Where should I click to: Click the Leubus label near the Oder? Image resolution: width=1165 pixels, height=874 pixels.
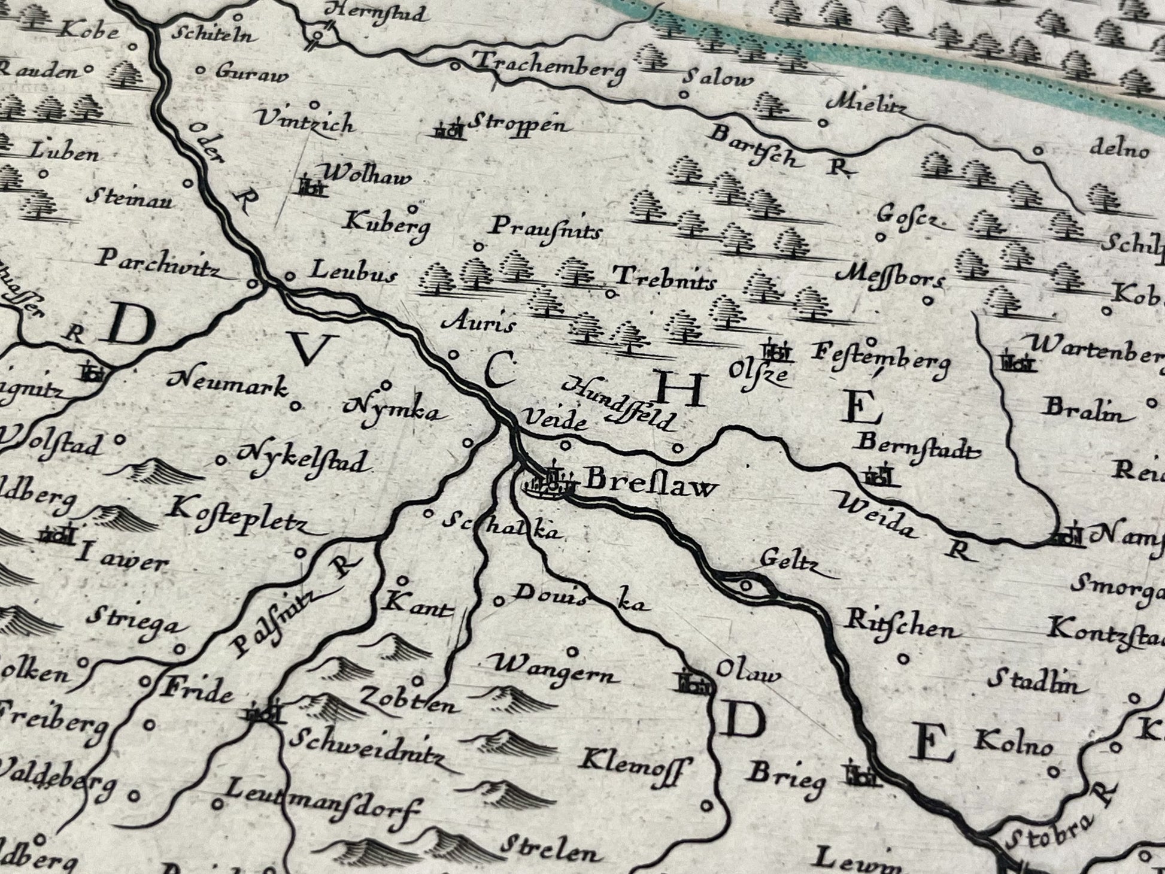(353, 273)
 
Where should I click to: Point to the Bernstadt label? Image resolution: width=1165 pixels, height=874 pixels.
(919, 446)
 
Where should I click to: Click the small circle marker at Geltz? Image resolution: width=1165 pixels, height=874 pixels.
(746, 584)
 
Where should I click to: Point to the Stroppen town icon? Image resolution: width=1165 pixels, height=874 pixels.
(450, 130)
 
